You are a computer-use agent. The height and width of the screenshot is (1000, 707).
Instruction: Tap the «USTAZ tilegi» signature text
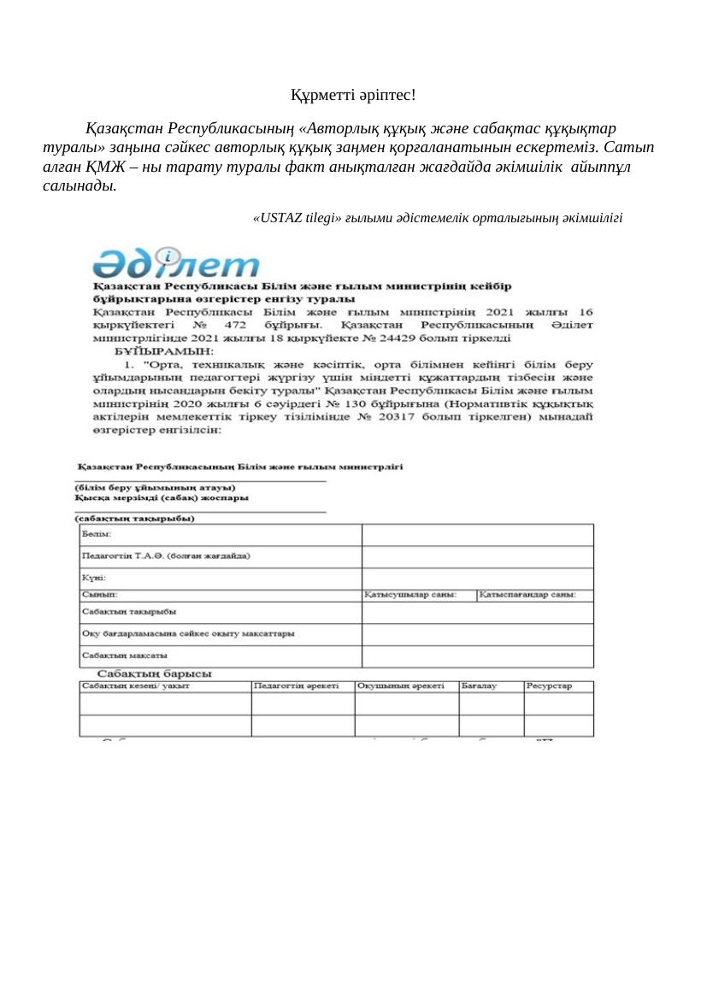[x=438, y=218]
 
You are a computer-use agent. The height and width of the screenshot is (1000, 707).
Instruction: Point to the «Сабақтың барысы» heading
[x=154, y=674]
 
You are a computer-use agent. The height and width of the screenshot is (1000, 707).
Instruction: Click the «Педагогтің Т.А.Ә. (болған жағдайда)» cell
[x=165, y=556]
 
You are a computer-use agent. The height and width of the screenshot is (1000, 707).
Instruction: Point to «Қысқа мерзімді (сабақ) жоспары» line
[x=162, y=498]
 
